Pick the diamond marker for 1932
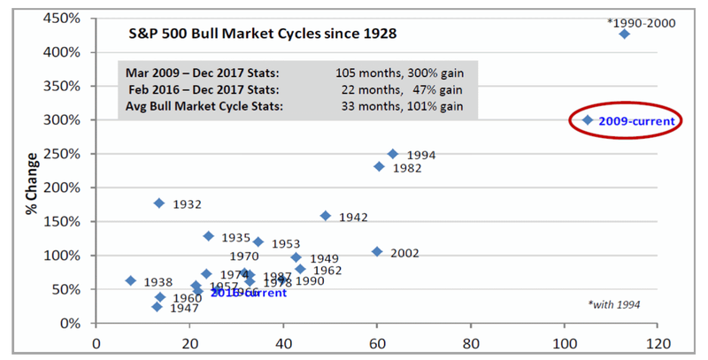click(x=159, y=203)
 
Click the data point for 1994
click(x=393, y=154)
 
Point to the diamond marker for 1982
click(x=379, y=166)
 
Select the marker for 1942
click(x=325, y=215)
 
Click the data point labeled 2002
click(x=377, y=251)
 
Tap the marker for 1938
click(x=131, y=280)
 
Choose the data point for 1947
click(x=157, y=307)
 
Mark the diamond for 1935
click(x=208, y=236)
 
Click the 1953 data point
click(x=258, y=241)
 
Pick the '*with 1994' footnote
click(x=613, y=305)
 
